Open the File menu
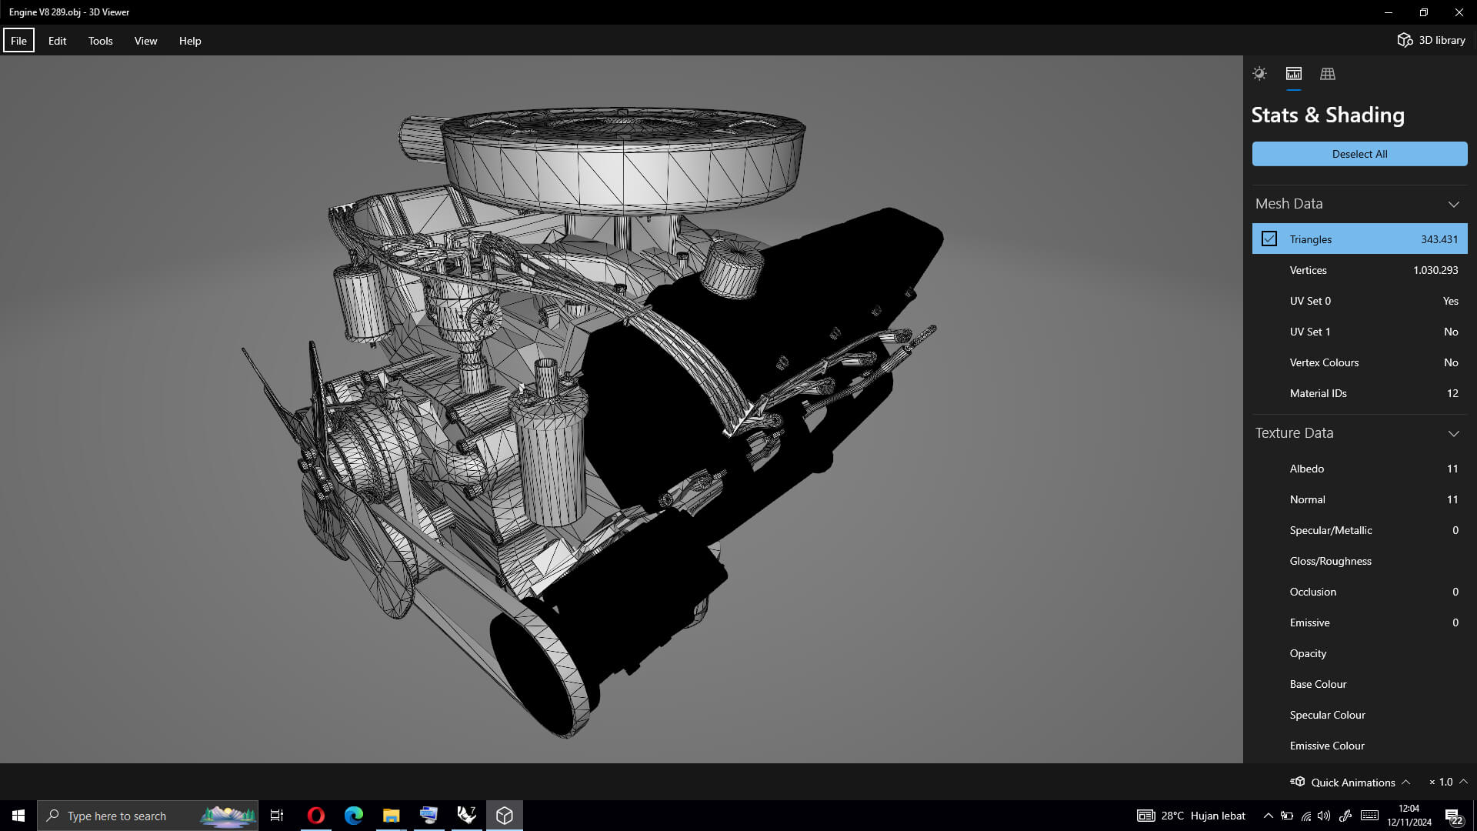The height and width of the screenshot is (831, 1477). point(18,41)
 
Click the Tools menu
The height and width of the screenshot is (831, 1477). point(100,41)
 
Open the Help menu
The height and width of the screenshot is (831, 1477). point(190,41)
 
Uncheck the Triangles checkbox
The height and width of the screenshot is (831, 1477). point(1269,239)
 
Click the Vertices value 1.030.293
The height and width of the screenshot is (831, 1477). point(1435,270)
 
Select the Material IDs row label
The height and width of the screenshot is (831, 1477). point(1318,393)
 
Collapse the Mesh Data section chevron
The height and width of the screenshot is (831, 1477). point(1453,204)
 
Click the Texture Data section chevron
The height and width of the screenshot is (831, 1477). point(1453,433)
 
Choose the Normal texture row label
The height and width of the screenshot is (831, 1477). point(1307,499)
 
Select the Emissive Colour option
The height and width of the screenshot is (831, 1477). point(1326,746)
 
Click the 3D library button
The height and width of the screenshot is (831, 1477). point(1431,40)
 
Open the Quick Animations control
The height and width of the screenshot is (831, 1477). point(1352,782)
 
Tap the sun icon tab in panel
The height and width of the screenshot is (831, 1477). point(1259,74)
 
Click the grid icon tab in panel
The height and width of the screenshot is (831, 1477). point(1327,74)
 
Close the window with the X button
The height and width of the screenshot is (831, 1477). point(1459,12)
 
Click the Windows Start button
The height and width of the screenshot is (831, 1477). point(18,816)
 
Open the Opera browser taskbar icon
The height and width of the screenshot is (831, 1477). point(315,816)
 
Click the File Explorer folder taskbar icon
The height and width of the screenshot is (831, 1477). point(391,816)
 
